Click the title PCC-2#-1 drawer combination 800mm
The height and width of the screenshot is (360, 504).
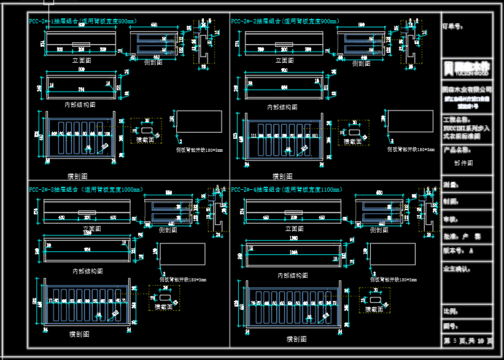pos(82,22)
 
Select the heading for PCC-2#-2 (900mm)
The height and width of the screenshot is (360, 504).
pos(285,22)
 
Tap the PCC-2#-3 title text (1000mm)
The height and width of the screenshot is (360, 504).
pos(85,189)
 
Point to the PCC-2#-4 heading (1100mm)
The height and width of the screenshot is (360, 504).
pos(287,189)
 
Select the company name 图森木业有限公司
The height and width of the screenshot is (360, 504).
pos(467,89)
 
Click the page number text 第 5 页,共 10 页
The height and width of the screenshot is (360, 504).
pos(467,340)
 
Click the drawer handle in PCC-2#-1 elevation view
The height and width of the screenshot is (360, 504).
pos(82,44)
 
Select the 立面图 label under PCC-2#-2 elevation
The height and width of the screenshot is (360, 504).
pos(284,61)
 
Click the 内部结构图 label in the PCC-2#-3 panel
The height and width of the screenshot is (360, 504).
pos(87,271)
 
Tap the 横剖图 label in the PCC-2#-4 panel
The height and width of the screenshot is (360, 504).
pos(297,338)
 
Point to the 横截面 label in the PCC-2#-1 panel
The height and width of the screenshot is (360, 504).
pos(145,140)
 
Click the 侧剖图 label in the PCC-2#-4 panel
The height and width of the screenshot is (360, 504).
pos(378,230)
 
